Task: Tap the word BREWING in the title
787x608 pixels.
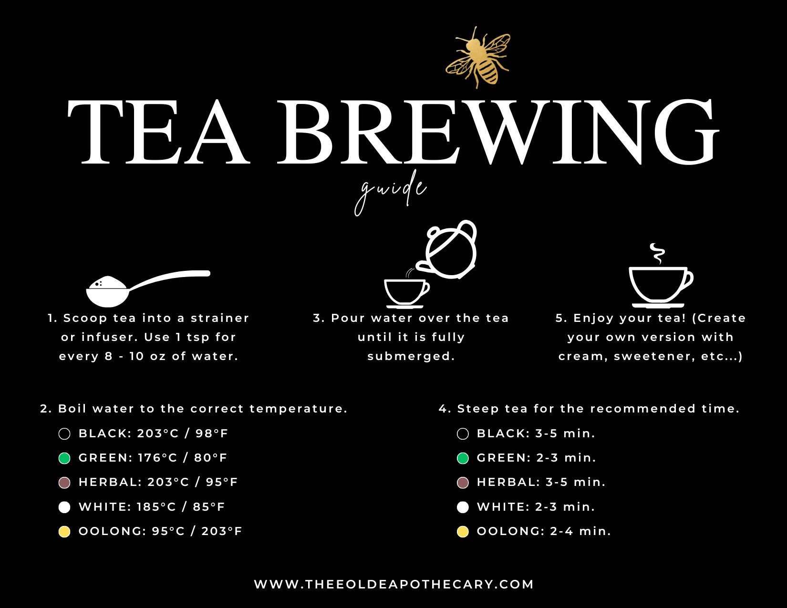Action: (x=498, y=132)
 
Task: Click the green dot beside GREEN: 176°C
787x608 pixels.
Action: (x=64, y=458)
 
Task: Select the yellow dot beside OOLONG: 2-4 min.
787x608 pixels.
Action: (x=463, y=532)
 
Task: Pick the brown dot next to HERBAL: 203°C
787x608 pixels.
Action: (x=64, y=483)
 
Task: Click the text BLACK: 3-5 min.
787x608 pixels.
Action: (x=536, y=433)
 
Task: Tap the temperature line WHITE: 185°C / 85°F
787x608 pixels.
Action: (x=152, y=506)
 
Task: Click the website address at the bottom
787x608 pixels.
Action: (x=393, y=584)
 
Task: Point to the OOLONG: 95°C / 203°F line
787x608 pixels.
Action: (x=160, y=531)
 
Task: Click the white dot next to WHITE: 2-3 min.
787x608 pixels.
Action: (x=463, y=507)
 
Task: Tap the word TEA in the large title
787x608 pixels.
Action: (x=159, y=132)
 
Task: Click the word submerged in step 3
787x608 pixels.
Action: (x=411, y=356)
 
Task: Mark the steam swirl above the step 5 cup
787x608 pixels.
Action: (x=658, y=254)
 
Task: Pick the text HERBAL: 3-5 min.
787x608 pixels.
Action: (x=541, y=482)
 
